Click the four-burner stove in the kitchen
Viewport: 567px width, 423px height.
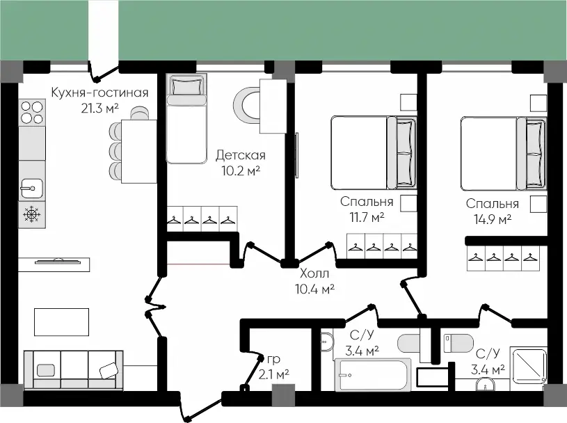coord(32,113)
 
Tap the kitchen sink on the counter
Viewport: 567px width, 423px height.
coord(32,189)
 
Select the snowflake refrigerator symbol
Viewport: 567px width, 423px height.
coord(32,215)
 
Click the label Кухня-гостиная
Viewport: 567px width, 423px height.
coord(99,93)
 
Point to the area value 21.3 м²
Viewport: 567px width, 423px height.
coord(99,108)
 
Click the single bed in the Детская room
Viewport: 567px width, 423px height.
coord(186,119)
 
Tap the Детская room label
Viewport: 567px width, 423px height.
coord(241,155)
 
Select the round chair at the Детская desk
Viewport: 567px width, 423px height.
coord(246,107)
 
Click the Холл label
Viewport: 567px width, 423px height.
coord(314,273)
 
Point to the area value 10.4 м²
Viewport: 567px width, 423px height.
coord(314,289)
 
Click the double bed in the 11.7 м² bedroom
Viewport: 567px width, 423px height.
coord(374,152)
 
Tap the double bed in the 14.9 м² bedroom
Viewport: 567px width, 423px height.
coord(504,153)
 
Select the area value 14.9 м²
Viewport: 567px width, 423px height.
coord(493,219)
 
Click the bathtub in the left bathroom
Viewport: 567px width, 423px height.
coord(373,375)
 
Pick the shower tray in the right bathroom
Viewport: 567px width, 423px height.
coord(528,365)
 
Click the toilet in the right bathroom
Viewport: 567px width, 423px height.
coord(458,343)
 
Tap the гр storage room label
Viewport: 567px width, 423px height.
coord(273,360)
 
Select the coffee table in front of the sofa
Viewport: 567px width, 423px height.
coord(61,321)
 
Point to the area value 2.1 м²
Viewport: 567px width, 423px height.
coord(273,374)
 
